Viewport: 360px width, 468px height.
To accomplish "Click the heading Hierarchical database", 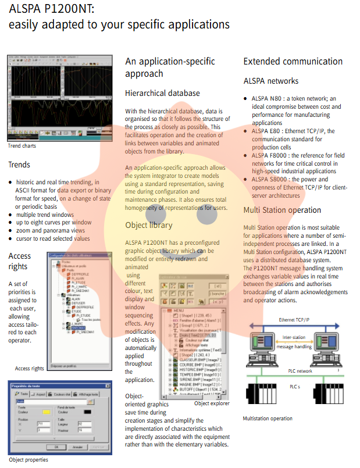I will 162,93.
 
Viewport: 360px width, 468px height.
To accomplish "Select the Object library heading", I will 149,225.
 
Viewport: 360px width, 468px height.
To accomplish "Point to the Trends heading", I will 19,165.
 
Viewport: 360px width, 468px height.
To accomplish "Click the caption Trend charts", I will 22,145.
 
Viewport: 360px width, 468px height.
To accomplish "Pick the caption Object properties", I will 28,459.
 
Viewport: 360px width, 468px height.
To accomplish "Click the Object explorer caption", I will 212,403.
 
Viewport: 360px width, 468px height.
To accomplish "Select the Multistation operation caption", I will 268,418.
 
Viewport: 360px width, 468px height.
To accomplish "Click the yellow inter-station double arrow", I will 293,342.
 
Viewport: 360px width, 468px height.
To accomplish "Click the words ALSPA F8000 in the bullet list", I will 266,156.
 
